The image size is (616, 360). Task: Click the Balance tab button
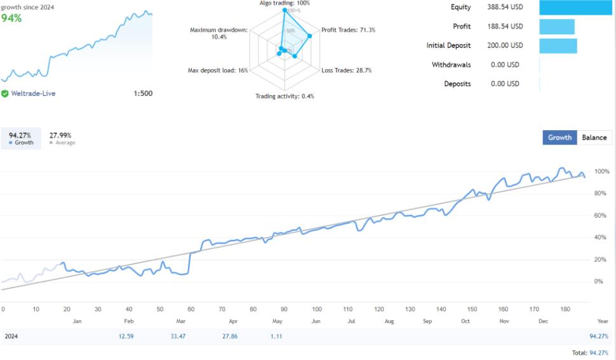[x=594, y=137]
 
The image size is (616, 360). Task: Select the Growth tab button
[x=559, y=137]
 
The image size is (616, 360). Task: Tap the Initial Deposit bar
[x=558, y=46]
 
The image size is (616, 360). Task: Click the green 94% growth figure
[x=11, y=18]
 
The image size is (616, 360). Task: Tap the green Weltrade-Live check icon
[x=5, y=93]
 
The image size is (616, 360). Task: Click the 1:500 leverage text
[x=143, y=93]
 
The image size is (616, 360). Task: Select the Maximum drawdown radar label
[x=218, y=34]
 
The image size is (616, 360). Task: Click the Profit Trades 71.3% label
[x=348, y=30]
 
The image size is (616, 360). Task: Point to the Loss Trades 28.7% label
[x=346, y=70]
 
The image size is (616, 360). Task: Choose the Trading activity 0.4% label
[x=285, y=97]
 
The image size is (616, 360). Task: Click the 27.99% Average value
[x=60, y=135]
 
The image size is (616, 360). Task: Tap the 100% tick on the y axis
[x=602, y=171]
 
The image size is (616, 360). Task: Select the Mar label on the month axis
[x=181, y=321]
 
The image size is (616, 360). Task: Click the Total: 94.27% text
[x=590, y=352]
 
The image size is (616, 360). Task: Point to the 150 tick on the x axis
[x=472, y=309]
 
